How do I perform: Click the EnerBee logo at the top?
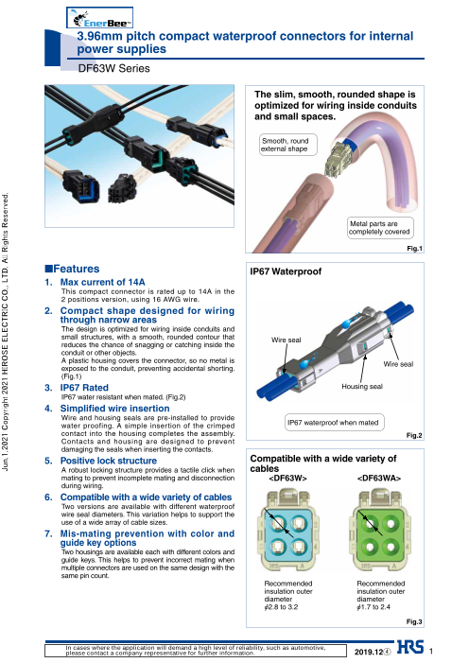[x=100, y=18]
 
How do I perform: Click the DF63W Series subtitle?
[x=113, y=68]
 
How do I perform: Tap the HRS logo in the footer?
[x=410, y=647]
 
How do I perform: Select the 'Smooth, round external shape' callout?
[x=287, y=145]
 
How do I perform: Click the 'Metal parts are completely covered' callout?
[x=380, y=228]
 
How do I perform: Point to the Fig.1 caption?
[x=414, y=249]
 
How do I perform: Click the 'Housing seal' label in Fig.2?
[x=362, y=387]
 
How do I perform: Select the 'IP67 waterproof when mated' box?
[x=333, y=423]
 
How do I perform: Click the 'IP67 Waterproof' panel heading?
[x=286, y=271]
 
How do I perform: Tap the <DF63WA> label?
[x=379, y=479]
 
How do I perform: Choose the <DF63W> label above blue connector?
[x=287, y=479]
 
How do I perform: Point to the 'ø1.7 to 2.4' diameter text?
[x=373, y=607]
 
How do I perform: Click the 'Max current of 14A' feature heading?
[x=102, y=282]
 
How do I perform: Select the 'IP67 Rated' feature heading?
[x=84, y=388]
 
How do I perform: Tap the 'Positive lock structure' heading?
[x=108, y=461]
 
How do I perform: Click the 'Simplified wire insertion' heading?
[x=114, y=409]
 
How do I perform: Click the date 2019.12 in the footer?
[x=369, y=652]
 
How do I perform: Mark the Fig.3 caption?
[x=414, y=621]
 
